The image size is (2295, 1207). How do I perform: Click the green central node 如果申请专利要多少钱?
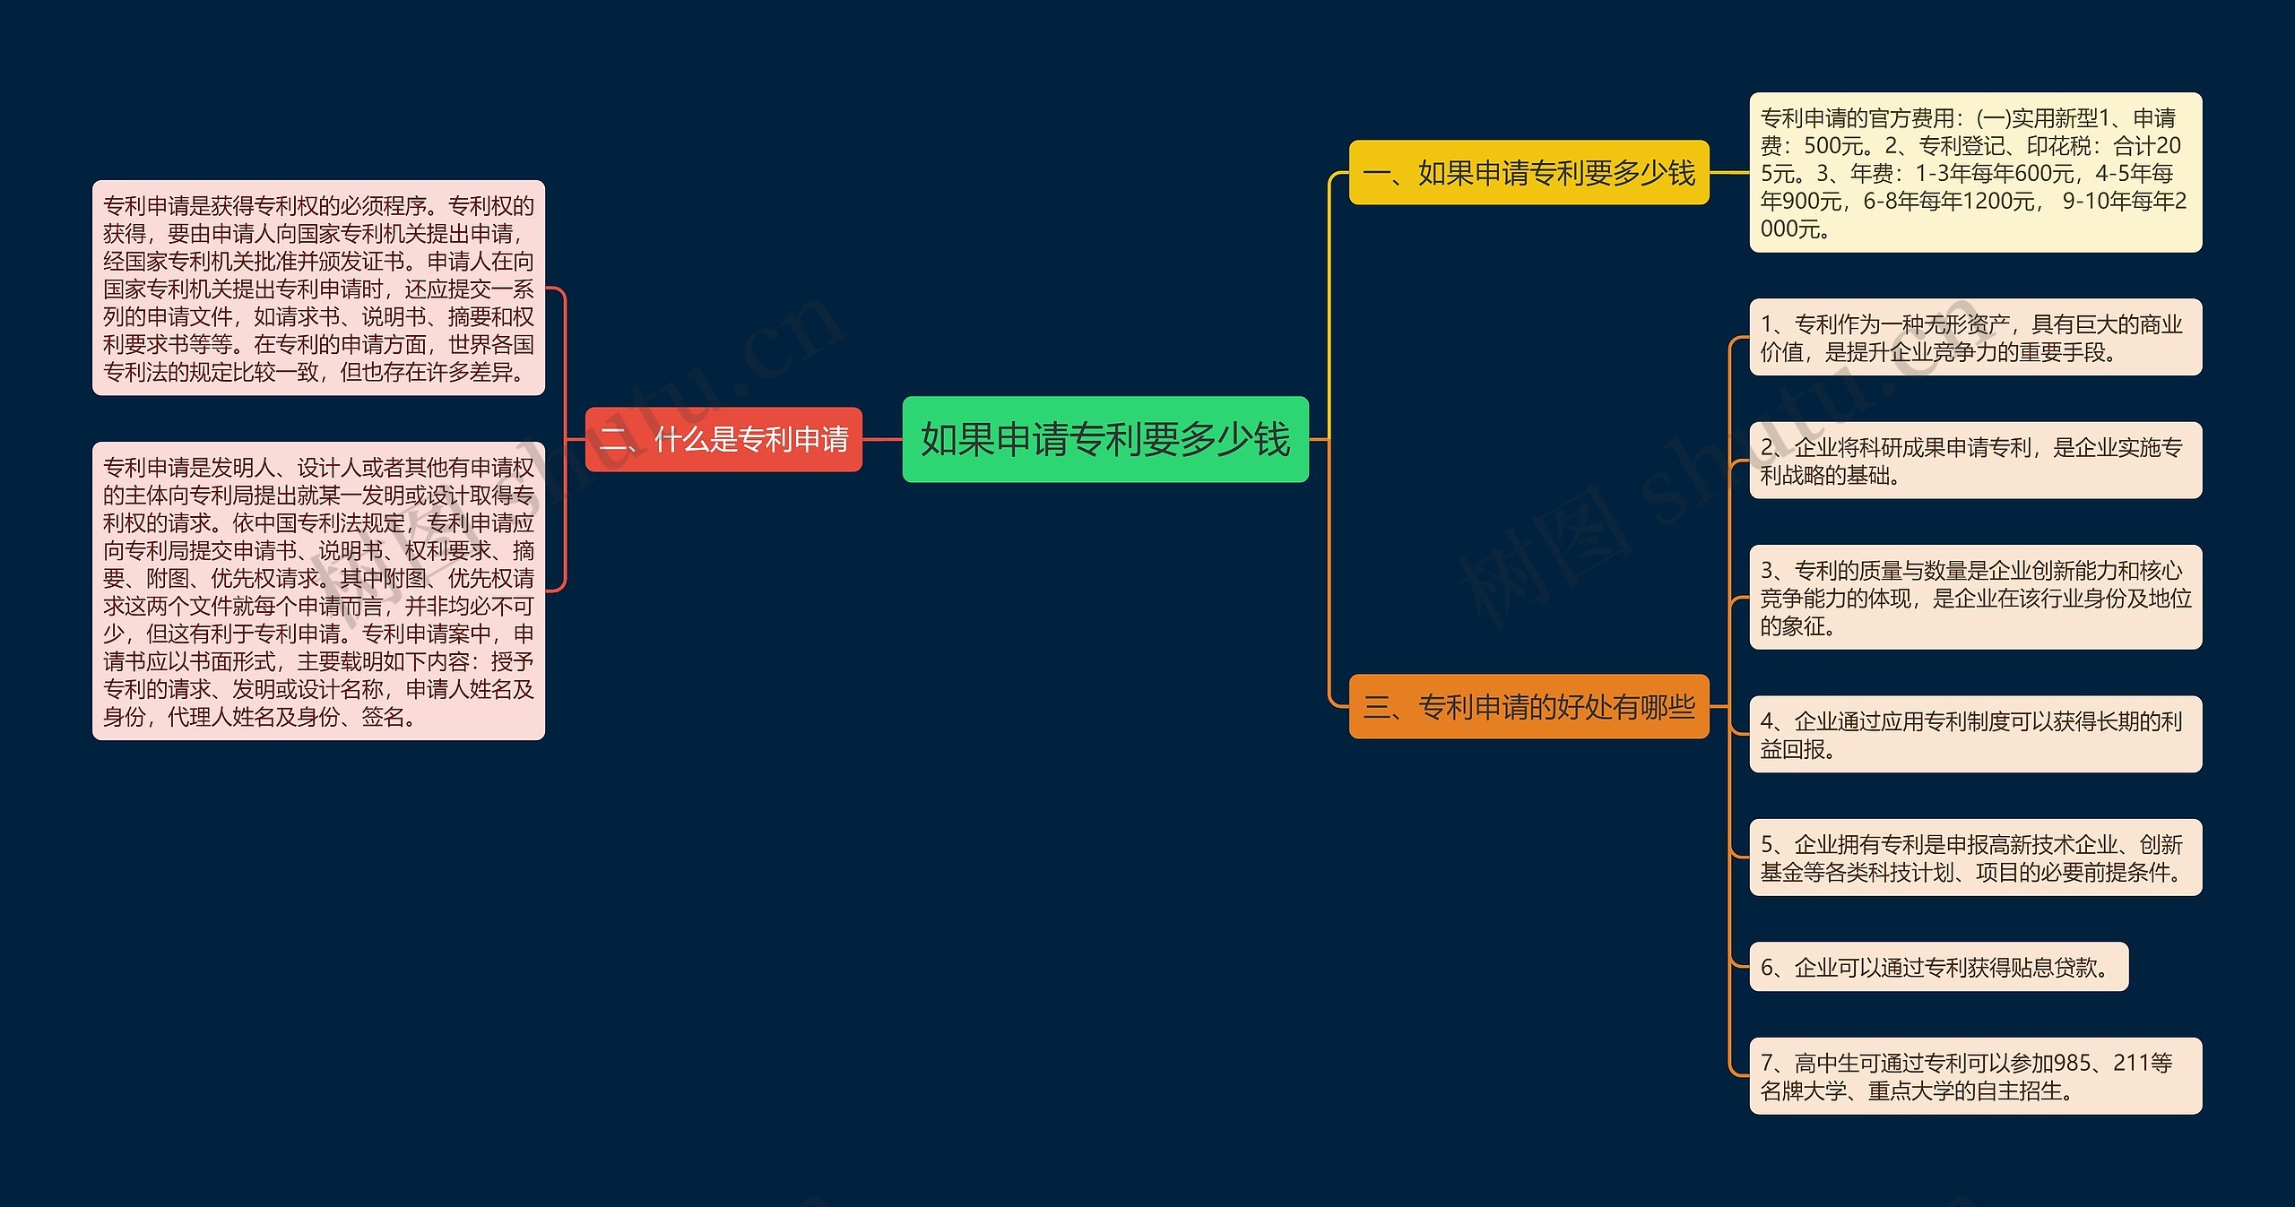click(x=1104, y=439)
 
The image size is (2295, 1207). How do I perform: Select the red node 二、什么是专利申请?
click(x=723, y=439)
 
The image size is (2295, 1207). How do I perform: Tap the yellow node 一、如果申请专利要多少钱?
click(x=1529, y=172)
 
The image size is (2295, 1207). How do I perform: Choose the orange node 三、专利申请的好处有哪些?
click(x=1529, y=706)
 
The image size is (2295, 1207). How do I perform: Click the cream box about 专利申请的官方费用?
click(x=1975, y=172)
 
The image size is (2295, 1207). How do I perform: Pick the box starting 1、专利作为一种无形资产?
click(x=1975, y=337)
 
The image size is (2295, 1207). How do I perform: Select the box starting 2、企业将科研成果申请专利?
click(x=1975, y=461)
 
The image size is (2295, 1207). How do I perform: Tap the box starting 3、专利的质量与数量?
click(x=1975, y=598)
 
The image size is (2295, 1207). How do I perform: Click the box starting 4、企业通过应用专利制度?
click(x=1975, y=734)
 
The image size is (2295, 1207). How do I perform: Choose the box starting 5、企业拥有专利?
click(x=1975, y=858)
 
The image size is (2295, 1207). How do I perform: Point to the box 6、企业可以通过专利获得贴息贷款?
click(x=1938, y=967)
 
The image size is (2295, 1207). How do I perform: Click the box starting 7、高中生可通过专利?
click(x=1975, y=1076)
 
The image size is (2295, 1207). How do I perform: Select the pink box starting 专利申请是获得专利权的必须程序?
click(x=318, y=288)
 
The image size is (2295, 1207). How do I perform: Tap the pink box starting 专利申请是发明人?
click(x=318, y=591)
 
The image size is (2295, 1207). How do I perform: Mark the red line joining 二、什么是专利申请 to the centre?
click(x=882, y=439)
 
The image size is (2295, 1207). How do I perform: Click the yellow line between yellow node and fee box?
click(x=1729, y=172)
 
